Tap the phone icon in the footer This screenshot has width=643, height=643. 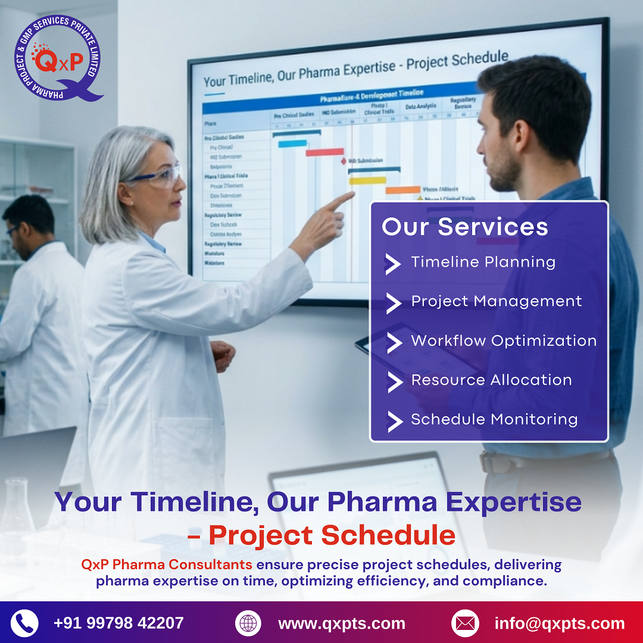click(24, 623)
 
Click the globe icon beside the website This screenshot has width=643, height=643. click(248, 623)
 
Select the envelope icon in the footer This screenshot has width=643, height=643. click(465, 623)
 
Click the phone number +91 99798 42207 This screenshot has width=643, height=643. click(118, 623)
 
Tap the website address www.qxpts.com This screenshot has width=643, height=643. click(341, 624)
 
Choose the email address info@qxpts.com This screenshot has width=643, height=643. click(559, 624)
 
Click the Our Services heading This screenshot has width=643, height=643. click(464, 227)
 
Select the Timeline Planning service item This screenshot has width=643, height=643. click(483, 262)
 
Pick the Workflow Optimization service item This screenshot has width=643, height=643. click(504, 341)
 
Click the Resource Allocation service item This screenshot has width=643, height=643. click(491, 380)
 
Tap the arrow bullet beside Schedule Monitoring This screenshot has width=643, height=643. click(394, 420)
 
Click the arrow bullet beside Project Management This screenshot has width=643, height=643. click(394, 302)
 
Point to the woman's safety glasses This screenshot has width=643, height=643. click(156, 176)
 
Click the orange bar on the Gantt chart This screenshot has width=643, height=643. click(402, 191)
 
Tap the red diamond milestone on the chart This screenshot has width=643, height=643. click(344, 161)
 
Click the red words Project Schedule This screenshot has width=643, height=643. click(331, 535)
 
